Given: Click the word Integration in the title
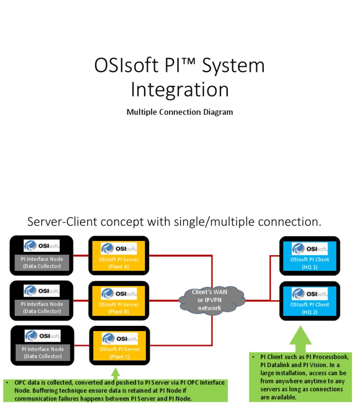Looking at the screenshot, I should pos(180,90).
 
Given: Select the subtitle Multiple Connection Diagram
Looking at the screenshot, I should pos(180,112).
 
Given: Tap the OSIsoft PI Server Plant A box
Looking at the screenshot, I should pos(119,256).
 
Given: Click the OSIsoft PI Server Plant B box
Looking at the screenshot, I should pos(119,301).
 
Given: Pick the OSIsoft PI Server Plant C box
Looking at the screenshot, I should pos(119,346).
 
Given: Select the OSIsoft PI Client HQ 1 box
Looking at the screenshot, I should pos(309,256).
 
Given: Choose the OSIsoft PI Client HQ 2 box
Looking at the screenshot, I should pos(309,301).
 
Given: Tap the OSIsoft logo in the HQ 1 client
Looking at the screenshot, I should pos(309,248).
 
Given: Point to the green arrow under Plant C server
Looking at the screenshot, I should pos(115,373).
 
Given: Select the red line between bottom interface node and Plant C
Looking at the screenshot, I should pos(81,346).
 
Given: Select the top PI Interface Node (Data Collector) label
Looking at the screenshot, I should pos(42,263).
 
